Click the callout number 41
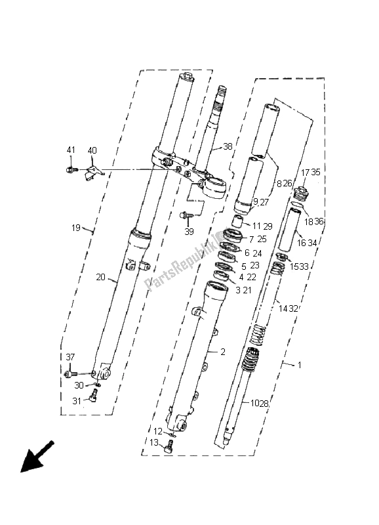tap(71, 150)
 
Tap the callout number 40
tap(92, 150)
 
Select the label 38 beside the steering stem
tap(228, 146)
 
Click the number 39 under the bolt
tap(189, 232)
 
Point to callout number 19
tap(76, 228)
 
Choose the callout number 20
tap(100, 277)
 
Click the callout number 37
tap(70, 357)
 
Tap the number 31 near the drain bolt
tap(77, 401)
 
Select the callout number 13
tap(154, 442)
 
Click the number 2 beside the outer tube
tap(223, 352)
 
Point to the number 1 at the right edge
tap(300, 365)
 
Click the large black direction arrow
tap(37, 457)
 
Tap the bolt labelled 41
tap(72, 170)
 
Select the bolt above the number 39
tap(186, 215)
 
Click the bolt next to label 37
tap(71, 373)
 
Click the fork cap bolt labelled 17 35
tap(300, 194)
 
